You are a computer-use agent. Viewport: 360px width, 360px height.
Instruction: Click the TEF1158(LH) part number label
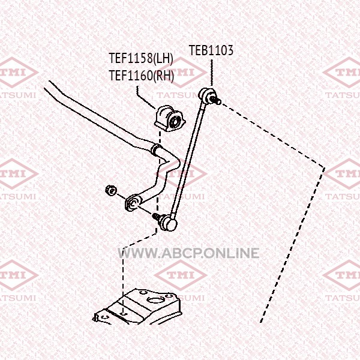click(x=140, y=59)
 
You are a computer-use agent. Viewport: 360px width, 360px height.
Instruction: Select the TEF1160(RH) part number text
click(x=140, y=76)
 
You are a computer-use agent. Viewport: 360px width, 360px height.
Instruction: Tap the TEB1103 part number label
click(x=211, y=50)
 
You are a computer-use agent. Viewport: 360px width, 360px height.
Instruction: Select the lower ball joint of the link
click(x=170, y=224)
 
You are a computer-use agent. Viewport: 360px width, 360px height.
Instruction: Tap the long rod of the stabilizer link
click(x=189, y=158)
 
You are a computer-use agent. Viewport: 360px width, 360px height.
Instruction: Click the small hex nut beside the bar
click(x=110, y=191)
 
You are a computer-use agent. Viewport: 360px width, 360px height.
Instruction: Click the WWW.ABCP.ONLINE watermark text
click(x=190, y=253)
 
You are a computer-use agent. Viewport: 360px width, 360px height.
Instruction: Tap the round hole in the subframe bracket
click(x=157, y=298)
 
